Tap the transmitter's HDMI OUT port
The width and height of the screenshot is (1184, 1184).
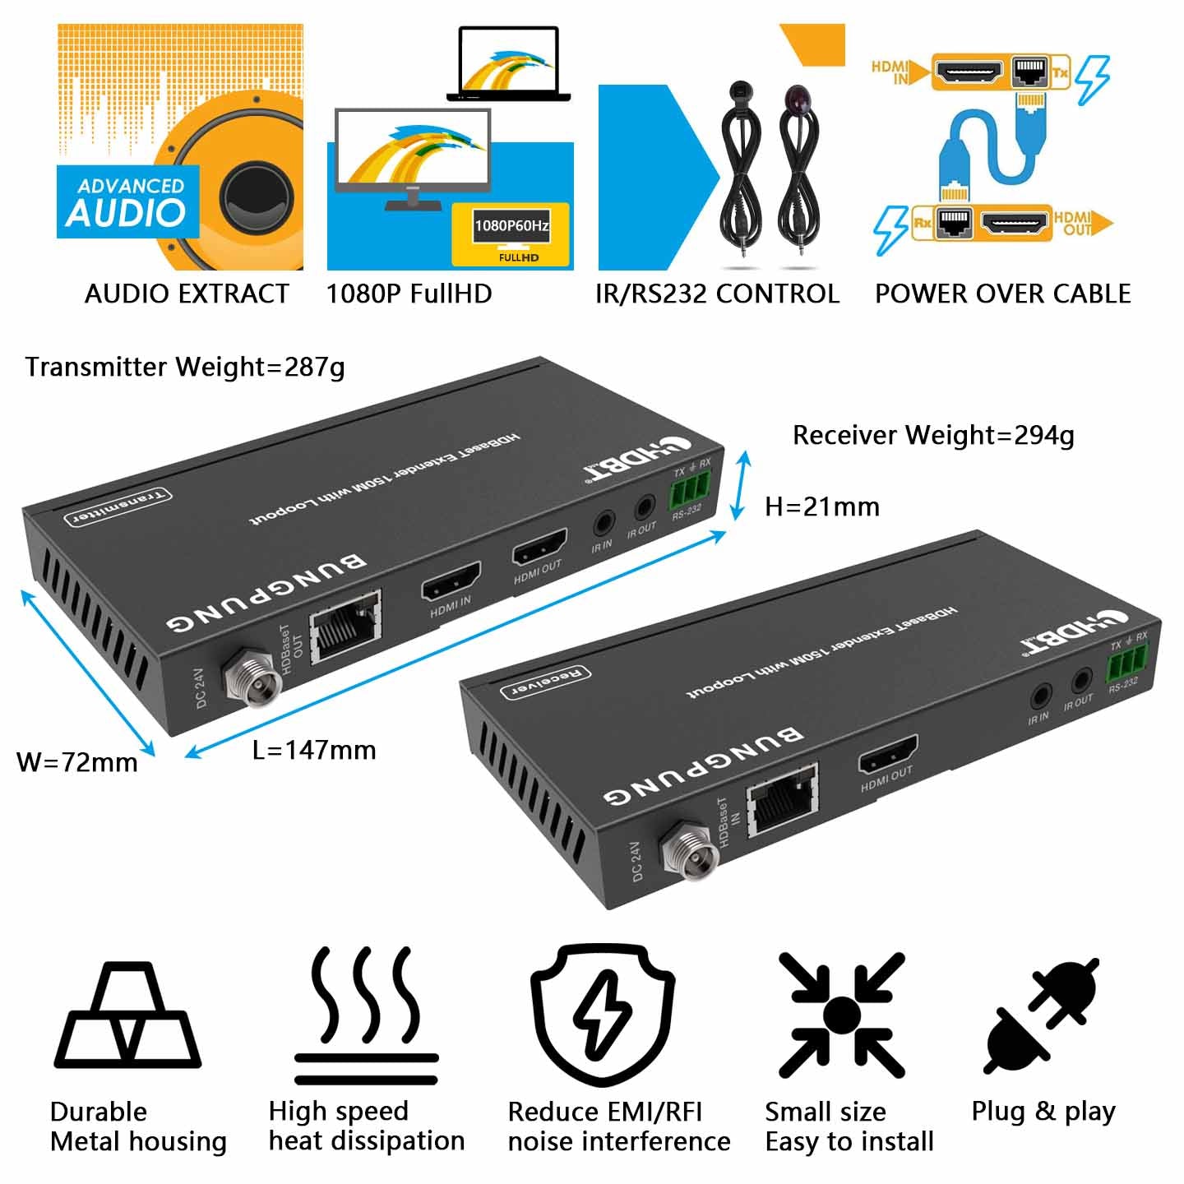[x=539, y=546]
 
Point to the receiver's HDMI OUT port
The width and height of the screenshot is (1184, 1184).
[x=888, y=756]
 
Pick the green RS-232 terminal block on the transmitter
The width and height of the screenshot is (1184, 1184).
[x=688, y=493]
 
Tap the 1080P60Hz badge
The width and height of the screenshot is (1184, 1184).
[x=511, y=226]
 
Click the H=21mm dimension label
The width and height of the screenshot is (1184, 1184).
[x=821, y=507]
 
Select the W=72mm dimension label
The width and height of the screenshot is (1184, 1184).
[x=77, y=762]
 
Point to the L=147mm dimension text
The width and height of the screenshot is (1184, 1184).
[x=314, y=750]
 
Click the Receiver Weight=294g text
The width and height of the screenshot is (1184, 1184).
[x=933, y=435]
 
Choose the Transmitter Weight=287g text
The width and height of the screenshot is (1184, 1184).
[x=185, y=367]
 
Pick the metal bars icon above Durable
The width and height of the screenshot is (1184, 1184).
[x=127, y=1016]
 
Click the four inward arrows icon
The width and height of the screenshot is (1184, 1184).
[x=841, y=1015]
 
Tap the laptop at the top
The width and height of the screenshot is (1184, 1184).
[x=509, y=65]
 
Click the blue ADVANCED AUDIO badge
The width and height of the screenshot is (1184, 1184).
[x=127, y=202]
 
